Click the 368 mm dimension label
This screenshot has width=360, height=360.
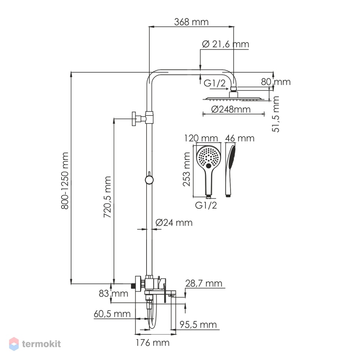click(191, 22)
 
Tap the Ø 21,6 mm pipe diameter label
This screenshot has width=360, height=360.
click(225, 44)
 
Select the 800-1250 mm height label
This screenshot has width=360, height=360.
click(65, 181)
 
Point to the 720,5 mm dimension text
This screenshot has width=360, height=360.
click(107, 197)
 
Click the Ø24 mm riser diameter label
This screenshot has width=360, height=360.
click(174, 222)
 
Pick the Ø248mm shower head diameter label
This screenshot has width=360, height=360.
click(231, 109)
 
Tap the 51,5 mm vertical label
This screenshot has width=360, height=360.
click(275, 114)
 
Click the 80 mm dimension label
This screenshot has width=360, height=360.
click(276, 82)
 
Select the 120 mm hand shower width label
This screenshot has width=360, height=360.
click(201, 138)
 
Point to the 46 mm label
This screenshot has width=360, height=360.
click(240, 138)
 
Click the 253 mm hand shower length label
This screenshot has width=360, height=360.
click(186, 170)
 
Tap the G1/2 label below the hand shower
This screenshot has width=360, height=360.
click(206, 205)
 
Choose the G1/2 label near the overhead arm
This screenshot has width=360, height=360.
click(215, 83)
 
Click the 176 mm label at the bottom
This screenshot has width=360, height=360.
click(152, 343)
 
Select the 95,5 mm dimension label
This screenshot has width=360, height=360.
click(198, 325)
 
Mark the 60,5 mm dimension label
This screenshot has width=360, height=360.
click(112, 314)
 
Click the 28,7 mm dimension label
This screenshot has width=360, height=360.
click(204, 284)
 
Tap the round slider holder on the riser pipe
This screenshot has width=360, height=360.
click(149, 180)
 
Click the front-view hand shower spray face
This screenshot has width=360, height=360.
click(208, 157)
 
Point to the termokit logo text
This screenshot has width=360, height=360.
click(41, 344)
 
